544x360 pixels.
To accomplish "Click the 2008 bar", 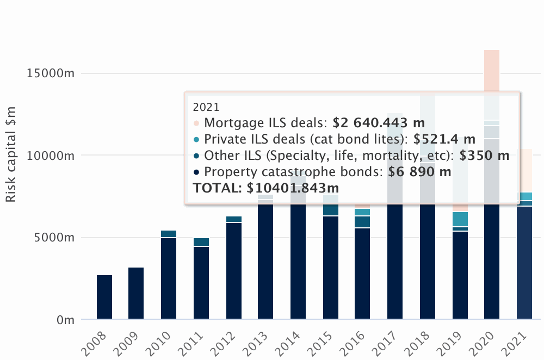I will [104, 297].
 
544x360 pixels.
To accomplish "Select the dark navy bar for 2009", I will [136, 293].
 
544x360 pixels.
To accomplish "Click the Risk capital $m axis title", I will [11, 154].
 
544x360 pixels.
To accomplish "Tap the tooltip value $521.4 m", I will [444, 139].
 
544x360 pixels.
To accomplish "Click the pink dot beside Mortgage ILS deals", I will [196, 123].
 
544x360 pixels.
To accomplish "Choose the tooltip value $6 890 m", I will [419, 172].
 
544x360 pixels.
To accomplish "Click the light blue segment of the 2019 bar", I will [460, 219].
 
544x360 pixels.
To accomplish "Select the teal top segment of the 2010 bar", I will [169, 234].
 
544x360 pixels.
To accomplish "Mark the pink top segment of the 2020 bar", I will [492, 71].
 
